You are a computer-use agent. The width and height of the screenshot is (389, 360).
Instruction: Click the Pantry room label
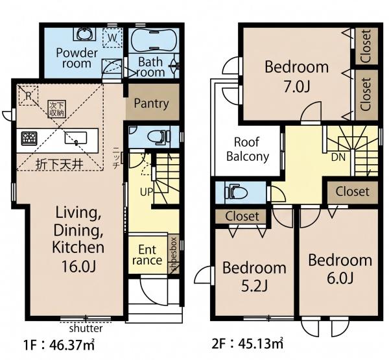(151, 104)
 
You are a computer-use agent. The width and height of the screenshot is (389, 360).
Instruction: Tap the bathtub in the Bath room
(154, 40)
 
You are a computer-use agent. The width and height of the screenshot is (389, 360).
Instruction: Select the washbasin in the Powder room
(84, 34)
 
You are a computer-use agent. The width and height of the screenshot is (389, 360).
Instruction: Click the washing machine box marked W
(112, 38)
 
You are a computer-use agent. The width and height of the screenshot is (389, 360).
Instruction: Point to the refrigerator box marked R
(29, 95)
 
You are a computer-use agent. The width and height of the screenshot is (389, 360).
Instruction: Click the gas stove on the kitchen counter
(29, 139)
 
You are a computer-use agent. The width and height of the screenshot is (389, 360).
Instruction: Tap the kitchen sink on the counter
(76, 138)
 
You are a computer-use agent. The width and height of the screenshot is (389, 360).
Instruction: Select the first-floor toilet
(159, 137)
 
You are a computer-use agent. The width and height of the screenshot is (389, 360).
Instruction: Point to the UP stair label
(146, 191)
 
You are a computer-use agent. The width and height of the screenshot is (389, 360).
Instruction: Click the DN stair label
(338, 157)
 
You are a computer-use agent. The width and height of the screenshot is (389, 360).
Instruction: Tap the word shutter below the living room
(86, 328)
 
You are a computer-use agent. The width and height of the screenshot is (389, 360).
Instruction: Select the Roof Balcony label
(248, 149)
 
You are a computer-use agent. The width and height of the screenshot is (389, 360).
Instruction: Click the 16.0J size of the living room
(78, 266)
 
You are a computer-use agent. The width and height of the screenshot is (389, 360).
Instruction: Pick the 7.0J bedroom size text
(297, 87)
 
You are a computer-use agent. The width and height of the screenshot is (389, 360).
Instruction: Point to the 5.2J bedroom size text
(254, 286)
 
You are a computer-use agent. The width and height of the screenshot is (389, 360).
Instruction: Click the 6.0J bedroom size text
(340, 278)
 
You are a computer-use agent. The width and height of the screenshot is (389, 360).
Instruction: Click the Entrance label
(147, 255)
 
